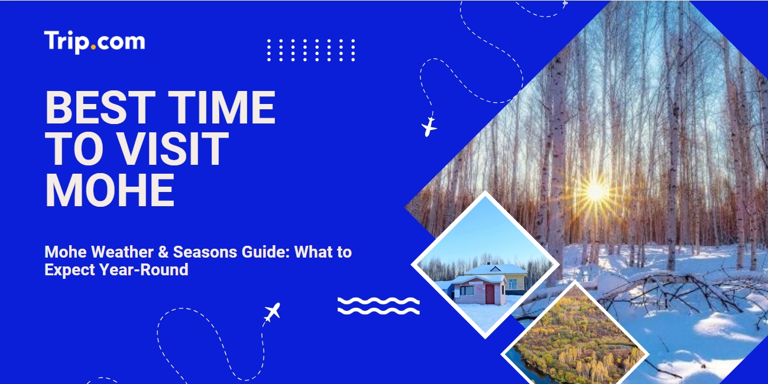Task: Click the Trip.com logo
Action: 94,41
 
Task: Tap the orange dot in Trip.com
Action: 93,47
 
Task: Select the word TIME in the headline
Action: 222,108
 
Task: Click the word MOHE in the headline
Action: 110,190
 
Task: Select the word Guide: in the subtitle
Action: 266,252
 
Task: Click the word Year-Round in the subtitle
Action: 144,270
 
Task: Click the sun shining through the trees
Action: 595,191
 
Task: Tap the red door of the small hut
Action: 490,294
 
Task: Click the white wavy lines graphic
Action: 378,306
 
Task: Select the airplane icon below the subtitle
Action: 272,312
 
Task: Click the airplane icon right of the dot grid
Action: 429,127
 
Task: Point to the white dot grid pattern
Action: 311,50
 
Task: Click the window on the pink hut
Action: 467,291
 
